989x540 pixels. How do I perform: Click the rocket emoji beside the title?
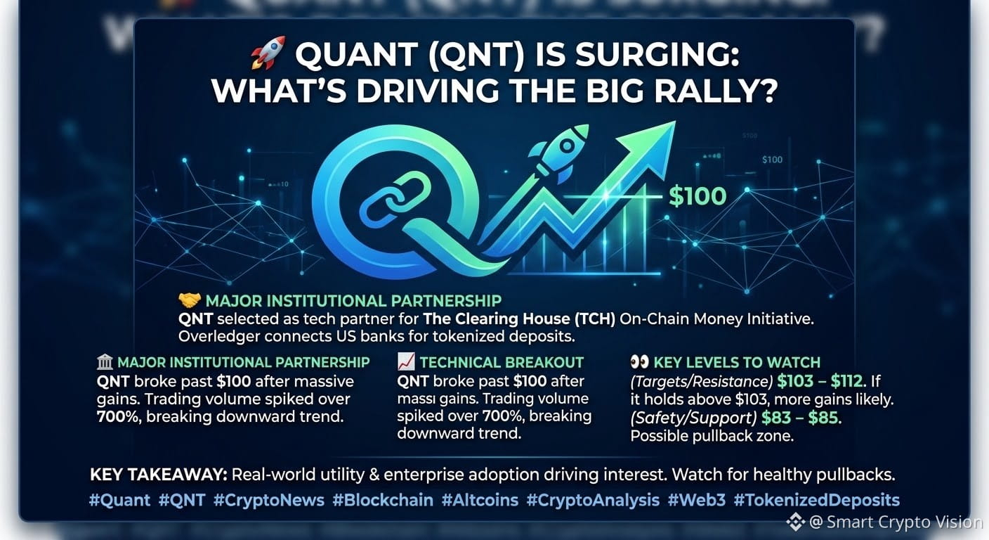(x=268, y=53)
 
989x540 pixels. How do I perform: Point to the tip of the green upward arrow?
(x=675, y=122)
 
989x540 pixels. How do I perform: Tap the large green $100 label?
(x=697, y=196)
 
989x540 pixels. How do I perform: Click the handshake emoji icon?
(x=190, y=300)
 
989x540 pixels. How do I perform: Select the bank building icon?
(x=105, y=362)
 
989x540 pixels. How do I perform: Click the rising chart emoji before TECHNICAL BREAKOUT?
(x=406, y=361)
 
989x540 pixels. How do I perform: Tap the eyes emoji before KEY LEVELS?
(x=639, y=362)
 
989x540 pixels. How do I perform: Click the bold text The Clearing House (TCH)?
(x=519, y=319)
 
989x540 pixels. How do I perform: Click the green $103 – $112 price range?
(x=820, y=381)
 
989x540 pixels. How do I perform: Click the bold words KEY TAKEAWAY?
(x=159, y=475)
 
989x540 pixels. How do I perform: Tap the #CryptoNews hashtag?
(x=269, y=500)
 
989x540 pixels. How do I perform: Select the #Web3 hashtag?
(x=696, y=500)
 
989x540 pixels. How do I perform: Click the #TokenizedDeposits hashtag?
(x=816, y=500)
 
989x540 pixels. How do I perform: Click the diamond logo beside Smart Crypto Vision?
(x=796, y=522)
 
